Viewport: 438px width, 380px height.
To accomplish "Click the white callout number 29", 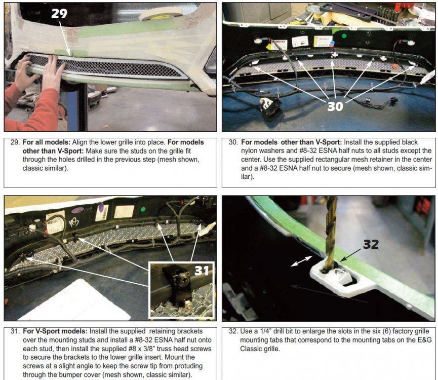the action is (x=59, y=13).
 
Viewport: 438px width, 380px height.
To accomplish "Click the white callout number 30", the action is (x=335, y=106).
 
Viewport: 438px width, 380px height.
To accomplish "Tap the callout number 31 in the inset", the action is (x=202, y=271).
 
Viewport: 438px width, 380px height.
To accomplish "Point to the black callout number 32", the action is (x=371, y=245).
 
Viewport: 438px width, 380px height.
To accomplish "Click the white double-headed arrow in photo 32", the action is (x=301, y=261).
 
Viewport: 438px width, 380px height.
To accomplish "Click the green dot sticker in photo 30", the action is (x=344, y=36).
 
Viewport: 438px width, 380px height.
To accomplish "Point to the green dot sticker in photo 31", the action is (x=143, y=209).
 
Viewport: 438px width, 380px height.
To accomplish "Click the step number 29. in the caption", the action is (x=15, y=142).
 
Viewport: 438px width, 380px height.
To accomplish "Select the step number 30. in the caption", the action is (x=233, y=142).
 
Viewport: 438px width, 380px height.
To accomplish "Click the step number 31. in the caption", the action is (x=15, y=331).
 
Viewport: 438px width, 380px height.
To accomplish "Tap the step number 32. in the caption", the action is (x=233, y=331).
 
